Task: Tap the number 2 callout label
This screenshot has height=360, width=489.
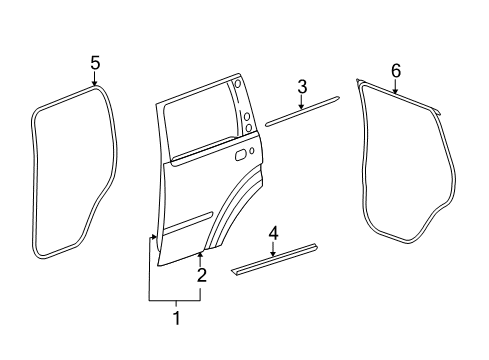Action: coord(201,275)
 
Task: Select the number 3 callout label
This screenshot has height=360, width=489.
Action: coord(302,86)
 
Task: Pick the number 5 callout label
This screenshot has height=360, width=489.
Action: coord(95,63)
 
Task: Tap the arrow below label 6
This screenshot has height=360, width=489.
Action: coord(395,88)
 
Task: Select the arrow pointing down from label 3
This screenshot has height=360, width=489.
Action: coord(302,103)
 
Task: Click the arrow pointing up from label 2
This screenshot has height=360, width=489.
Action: coord(201,258)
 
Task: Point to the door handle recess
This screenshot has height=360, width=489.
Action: coord(241,155)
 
